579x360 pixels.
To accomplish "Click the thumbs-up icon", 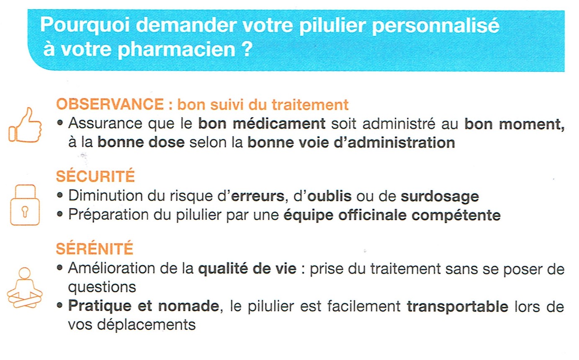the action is coord(25,126).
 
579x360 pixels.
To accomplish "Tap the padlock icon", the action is coord(25,205).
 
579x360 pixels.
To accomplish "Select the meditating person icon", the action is coord(25,288).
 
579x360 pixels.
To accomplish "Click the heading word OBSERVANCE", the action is coord(110,104).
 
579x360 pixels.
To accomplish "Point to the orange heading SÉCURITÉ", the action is coord(95,176).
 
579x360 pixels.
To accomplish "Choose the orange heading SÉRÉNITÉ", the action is coord(95,249).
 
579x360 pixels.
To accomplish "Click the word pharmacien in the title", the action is coord(177,49).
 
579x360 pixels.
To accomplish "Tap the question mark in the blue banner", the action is coord(247,48).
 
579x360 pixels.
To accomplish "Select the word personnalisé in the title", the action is coord(435,27).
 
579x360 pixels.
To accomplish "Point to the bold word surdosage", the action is coord(440,197).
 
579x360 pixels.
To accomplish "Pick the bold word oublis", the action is coord(329,196).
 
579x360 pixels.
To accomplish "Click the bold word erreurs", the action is coord(257,196).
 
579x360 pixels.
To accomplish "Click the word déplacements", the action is coord(146,324).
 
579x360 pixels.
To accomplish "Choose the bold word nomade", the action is coord(188,306).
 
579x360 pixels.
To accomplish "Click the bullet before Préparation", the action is coord(60,214).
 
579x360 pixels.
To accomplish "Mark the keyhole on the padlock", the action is coord(25,212).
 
